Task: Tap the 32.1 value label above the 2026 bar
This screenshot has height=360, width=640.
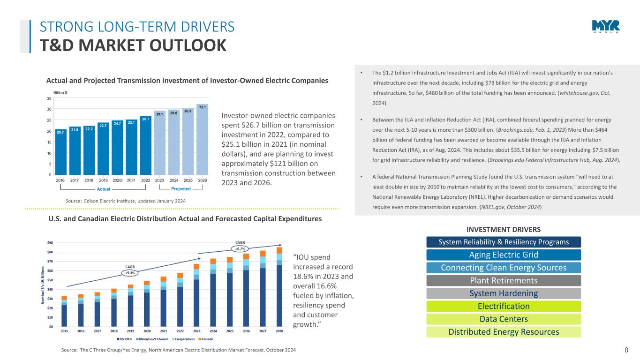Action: pos(203,107)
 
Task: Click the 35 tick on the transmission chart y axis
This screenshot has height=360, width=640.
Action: pos(49,99)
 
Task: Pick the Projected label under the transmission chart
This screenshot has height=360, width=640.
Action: pos(181,189)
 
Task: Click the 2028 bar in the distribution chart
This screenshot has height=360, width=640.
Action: pos(279,291)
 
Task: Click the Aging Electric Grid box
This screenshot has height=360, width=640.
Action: pos(504,255)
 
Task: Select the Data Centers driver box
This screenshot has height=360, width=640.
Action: pos(504,319)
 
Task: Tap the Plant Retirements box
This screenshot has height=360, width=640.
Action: pos(504,281)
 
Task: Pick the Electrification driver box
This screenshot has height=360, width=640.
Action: pos(504,307)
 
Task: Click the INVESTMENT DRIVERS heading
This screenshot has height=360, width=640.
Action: pos(504,229)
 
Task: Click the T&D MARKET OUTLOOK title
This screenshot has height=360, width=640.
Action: pos(133,45)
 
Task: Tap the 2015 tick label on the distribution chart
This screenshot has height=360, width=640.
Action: pos(64,331)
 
